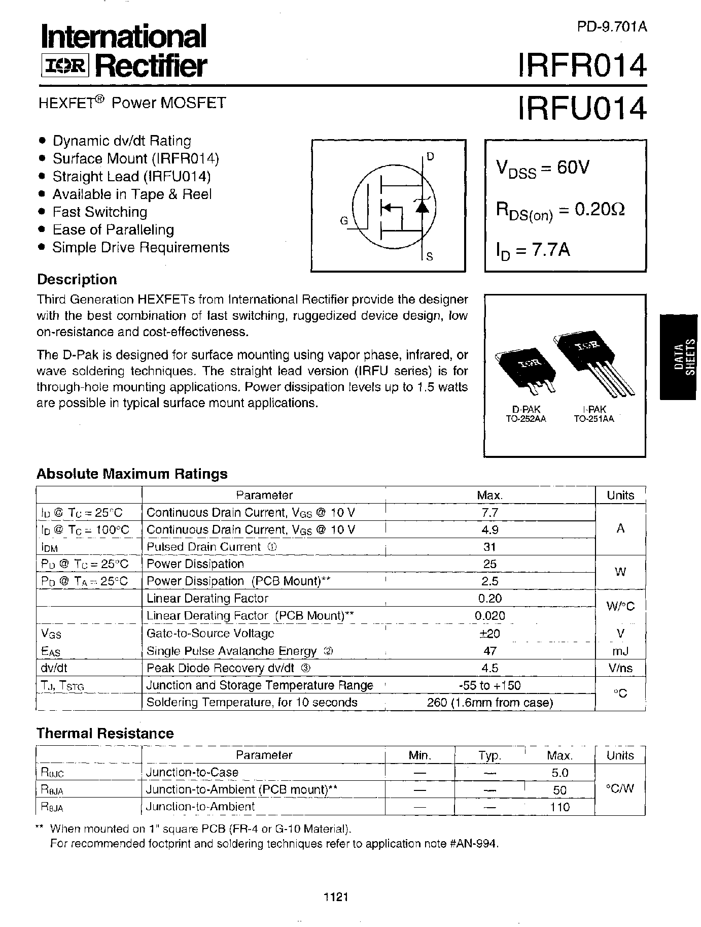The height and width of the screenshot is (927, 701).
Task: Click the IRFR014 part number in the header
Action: [581, 65]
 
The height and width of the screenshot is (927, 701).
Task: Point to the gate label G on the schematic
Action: [344, 221]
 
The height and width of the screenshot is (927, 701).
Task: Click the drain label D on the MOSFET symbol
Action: [430, 157]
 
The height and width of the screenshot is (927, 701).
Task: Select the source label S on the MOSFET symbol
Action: [429, 257]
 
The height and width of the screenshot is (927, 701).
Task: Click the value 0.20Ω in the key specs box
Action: [599, 209]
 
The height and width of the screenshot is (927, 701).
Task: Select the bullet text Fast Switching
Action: [100, 212]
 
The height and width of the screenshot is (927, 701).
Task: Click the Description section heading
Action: [77, 280]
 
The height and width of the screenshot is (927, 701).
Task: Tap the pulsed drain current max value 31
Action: [489, 547]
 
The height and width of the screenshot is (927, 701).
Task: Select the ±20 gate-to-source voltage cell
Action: [489, 633]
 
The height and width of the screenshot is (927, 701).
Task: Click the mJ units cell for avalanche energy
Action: [620, 650]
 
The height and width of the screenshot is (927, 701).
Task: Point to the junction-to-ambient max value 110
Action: [559, 807]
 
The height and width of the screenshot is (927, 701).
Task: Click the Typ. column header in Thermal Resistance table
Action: [489, 755]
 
